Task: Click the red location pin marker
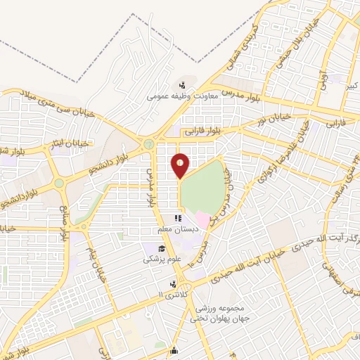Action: coord(181,165)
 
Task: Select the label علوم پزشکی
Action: coord(162,259)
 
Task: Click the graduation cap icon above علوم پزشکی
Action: coord(162,249)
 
